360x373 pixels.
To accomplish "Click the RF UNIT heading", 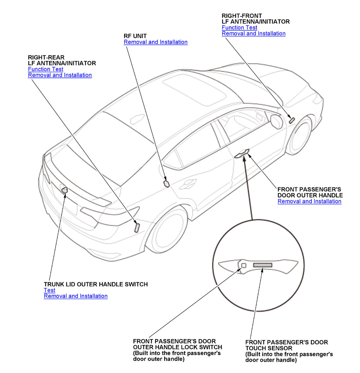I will pos(135,36).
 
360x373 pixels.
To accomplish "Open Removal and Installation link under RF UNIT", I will pos(155,42).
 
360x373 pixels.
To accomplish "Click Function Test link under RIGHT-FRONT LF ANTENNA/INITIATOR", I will pos(239,28).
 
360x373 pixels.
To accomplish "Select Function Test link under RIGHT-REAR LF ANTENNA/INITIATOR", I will pos(46,69).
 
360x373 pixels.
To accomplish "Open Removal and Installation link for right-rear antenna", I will pos(60,75).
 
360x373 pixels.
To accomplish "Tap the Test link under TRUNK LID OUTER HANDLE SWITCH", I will pos(49,290).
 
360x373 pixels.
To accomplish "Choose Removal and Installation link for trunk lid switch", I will pos(76,296).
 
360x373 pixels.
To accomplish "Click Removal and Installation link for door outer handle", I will pos(309,202).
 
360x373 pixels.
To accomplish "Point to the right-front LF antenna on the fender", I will pos(291,120).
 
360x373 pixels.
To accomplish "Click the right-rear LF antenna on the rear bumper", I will pos(137,228).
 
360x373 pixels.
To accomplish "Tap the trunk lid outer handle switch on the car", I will pos(64,190).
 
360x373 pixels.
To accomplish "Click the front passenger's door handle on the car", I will pos(242,154).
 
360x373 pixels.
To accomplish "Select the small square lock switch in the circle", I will pos(244,265).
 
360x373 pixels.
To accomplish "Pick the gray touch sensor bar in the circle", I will pos(262,265).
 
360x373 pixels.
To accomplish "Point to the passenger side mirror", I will pos(276,121).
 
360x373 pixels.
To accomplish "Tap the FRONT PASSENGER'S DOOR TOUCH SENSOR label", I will pos(286,345).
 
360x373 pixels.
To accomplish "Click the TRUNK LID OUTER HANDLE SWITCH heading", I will pos(96,284).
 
